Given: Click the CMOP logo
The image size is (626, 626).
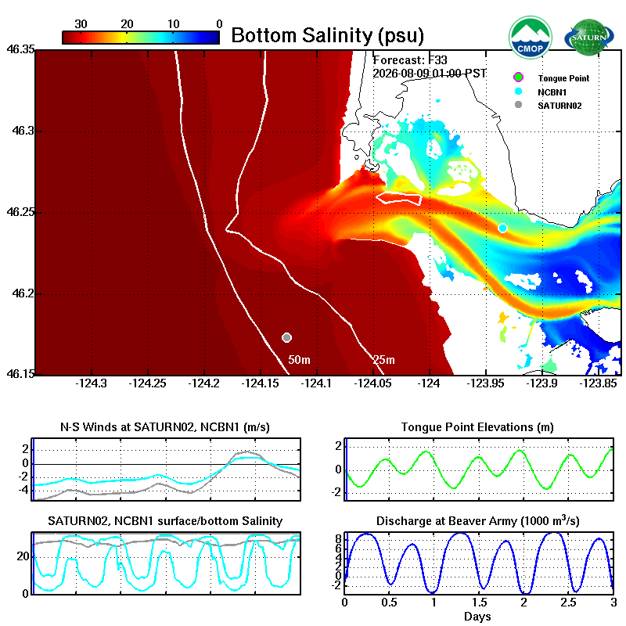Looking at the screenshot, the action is point(531,37).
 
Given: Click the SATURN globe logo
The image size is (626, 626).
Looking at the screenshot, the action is point(589,37).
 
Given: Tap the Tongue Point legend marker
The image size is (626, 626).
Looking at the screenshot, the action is point(518,77).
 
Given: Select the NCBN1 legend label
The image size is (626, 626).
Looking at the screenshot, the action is point(552,92).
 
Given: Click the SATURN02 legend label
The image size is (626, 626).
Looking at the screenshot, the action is point(559,106).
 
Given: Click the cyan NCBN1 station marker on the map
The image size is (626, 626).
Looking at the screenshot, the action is point(502,228).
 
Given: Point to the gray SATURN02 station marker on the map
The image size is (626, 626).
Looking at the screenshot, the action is point(286,338).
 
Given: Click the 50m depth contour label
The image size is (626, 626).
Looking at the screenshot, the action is point(299,360).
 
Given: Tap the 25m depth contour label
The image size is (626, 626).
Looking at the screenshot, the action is point(383,360).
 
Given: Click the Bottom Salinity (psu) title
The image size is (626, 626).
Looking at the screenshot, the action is point(327,35).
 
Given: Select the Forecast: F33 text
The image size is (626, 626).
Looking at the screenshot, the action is point(409,60).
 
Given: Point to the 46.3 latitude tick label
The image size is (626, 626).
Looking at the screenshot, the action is point(23,131).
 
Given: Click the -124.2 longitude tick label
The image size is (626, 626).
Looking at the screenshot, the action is point(204,383).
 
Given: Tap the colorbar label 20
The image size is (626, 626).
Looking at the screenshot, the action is point(127,24).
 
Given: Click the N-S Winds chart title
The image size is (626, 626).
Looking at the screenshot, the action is point(165,427).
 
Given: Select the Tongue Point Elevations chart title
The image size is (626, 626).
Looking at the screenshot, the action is point(477,427).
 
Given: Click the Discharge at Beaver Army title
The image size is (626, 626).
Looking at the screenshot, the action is point(478,520).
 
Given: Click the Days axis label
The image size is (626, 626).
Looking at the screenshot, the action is point(477,617).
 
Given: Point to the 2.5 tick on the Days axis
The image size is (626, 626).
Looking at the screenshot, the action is point(568,603).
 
